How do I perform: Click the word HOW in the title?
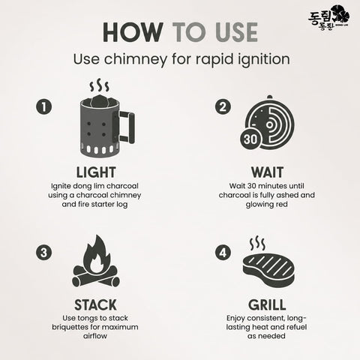[x=133, y=32]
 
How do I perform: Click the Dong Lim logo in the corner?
[x=328, y=17]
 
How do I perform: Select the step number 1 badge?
[x=44, y=107]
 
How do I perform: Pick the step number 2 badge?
[x=223, y=107]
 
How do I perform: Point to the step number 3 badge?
[x=44, y=253]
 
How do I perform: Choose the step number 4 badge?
[x=223, y=253]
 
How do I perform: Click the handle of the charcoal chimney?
[x=126, y=127]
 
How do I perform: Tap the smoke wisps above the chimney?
[x=100, y=85]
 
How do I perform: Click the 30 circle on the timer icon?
[x=250, y=139]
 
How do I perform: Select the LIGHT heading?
[x=96, y=172]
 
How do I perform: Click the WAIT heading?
[x=267, y=172]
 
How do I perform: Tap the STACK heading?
[x=95, y=305]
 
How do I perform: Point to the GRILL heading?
[x=267, y=305]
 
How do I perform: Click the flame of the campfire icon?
[x=96, y=255]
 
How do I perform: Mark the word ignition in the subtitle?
[x=265, y=60]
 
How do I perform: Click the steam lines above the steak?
[x=257, y=244]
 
